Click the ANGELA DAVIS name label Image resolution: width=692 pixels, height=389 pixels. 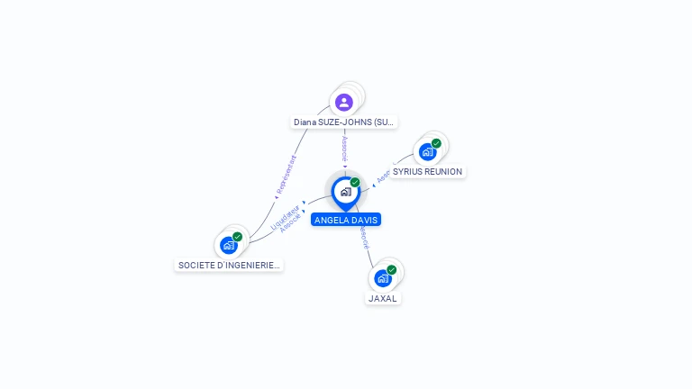(x=346, y=220)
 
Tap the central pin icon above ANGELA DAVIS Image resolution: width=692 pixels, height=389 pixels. (x=345, y=192)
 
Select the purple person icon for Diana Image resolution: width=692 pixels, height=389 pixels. (x=343, y=102)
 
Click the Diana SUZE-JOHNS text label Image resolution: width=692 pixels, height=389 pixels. (x=344, y=122)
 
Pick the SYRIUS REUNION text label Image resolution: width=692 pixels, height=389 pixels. (x=427, y=171)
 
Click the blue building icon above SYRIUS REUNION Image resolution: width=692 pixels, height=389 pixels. (x=427, y=151)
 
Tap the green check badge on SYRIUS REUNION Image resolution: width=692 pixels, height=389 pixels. (x=436, y=143)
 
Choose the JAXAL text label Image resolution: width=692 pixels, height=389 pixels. (x=383, y=298)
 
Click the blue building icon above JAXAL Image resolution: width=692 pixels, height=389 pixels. (x=382, y=278)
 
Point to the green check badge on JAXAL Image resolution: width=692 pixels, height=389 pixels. (x=391, y=269)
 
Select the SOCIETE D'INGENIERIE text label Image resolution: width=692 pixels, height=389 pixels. (x=229, y=265)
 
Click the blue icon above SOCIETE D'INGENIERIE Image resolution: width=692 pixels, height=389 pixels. (x=229, y=245)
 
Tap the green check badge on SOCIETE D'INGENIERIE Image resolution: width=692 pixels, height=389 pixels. (x=237, y=237)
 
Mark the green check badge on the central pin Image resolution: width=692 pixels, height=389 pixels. (x=355, y=183)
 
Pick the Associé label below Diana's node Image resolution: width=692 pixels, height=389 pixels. (x=344, y=149)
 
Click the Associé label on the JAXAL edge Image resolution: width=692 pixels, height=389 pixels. (x=363, y=237)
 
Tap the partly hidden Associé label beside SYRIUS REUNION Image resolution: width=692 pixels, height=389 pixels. (x=382, y=176)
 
